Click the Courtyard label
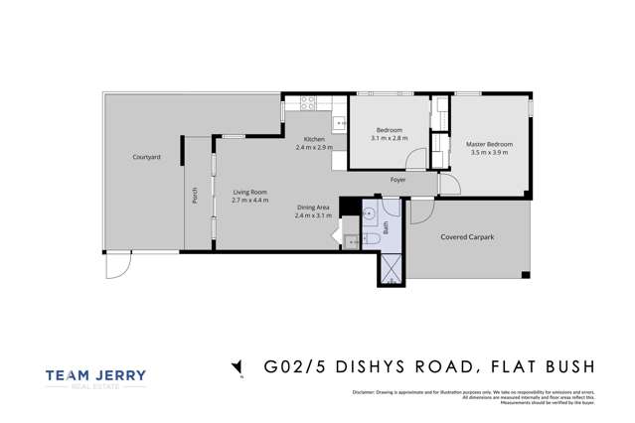[146, 157]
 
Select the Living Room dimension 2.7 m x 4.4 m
[250, 201]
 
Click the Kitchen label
[313, 139]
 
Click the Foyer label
[397, 180]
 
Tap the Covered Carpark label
[467, 237]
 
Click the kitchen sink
[339, 124]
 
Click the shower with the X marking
[391, 267]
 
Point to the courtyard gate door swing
[118, 264]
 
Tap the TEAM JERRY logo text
[95, 375]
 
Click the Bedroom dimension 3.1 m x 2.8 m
[389, 139]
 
